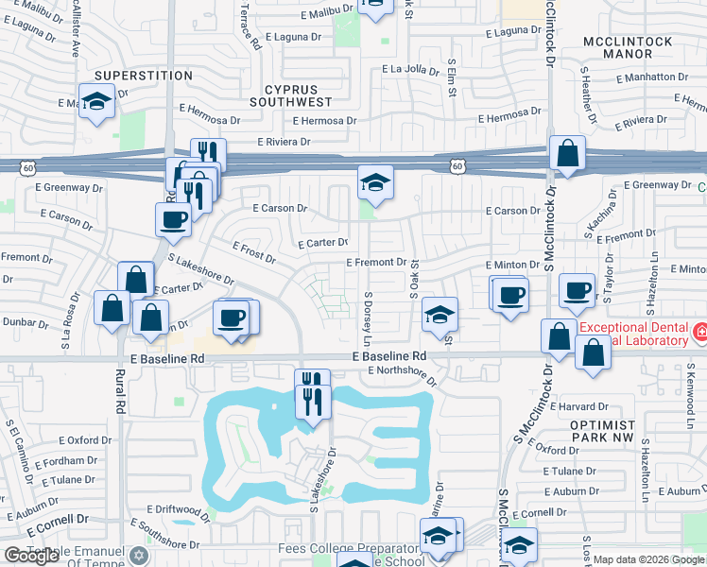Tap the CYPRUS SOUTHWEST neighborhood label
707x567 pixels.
point(291,94)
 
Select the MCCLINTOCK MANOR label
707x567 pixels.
point(628,48)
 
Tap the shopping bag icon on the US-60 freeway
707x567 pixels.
point(567,154)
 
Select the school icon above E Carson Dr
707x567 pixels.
point(375,181)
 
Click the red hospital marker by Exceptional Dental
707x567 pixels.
point(699,332)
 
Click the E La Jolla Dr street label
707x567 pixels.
point(412,69)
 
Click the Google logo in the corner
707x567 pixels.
point(32,556)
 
